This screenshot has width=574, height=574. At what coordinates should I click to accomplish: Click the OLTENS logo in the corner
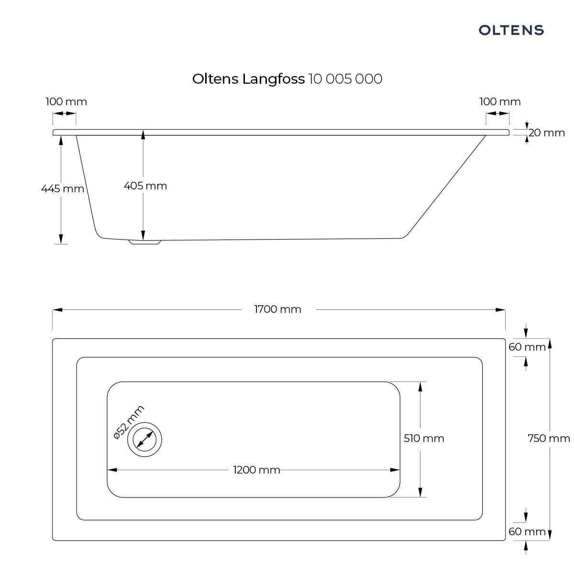[x=511, y=30]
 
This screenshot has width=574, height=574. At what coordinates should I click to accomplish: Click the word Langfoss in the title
[x=273, y=79]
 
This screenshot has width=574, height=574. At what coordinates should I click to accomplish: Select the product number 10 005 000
[x=345, y=79]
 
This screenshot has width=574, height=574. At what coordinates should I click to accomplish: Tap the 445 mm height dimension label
[x=62, y=189]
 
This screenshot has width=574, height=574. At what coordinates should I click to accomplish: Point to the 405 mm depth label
[x=145, y=186]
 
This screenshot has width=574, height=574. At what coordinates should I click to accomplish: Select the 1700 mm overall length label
[x=277, y=309]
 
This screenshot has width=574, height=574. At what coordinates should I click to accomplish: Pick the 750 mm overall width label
[x=548, y=438]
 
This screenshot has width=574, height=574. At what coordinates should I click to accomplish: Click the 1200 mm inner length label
[x=256, y=470]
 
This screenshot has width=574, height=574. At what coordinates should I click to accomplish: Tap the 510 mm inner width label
[x=424, y=438]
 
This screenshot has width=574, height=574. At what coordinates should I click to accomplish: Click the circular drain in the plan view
[x=144, y=439]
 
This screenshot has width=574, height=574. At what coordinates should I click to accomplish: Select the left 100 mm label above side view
[x=66, y=102]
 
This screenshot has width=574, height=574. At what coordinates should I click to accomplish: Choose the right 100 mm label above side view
[x=500, y=102]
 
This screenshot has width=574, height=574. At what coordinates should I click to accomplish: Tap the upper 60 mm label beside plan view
[x=527, y=347]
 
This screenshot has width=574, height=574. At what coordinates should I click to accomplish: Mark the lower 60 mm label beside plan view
[x=527, y=531]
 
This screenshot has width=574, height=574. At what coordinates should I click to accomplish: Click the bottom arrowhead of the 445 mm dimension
[x=61, y=239]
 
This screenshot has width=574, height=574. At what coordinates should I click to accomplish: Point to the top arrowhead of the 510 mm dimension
[x=420, y=386]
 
